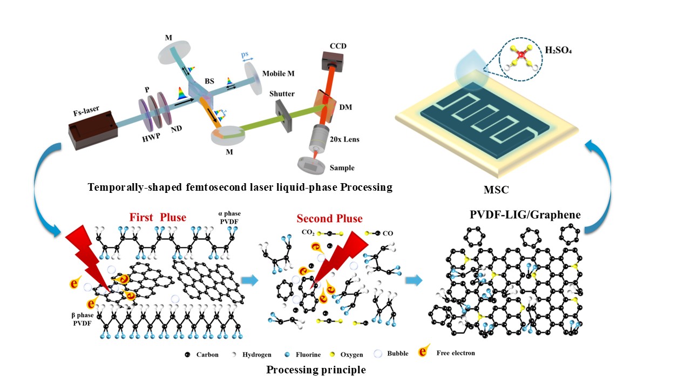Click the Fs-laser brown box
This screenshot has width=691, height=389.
tap(93, 131)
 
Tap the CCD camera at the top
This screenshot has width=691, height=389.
tap(332, 62)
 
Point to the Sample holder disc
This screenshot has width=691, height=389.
tap(311, 166)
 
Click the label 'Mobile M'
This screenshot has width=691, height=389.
tap(278, 73)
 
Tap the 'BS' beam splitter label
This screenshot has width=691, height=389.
tap(209, 81)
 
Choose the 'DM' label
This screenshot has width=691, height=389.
tap(345, 107)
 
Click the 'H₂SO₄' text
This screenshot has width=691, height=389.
tap(558, 50)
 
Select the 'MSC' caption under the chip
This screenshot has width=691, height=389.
tap(496, 190)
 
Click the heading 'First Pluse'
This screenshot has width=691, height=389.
tap(158, 217)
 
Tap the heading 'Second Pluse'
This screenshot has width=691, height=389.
tap(329, 219)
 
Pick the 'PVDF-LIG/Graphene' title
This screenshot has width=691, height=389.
tap(525, 214)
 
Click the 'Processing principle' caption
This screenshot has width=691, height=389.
tap(316, 370)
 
